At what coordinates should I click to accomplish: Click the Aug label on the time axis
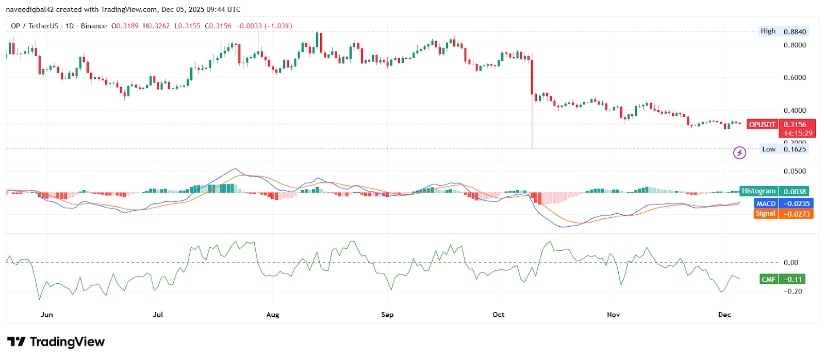point(272,313)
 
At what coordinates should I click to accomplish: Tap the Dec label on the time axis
point(726,313)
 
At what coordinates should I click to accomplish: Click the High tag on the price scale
point(768,31)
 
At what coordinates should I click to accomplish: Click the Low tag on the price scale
point(768,148)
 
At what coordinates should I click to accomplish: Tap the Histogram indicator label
point(756,190)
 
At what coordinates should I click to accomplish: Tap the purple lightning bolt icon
point(740,152)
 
